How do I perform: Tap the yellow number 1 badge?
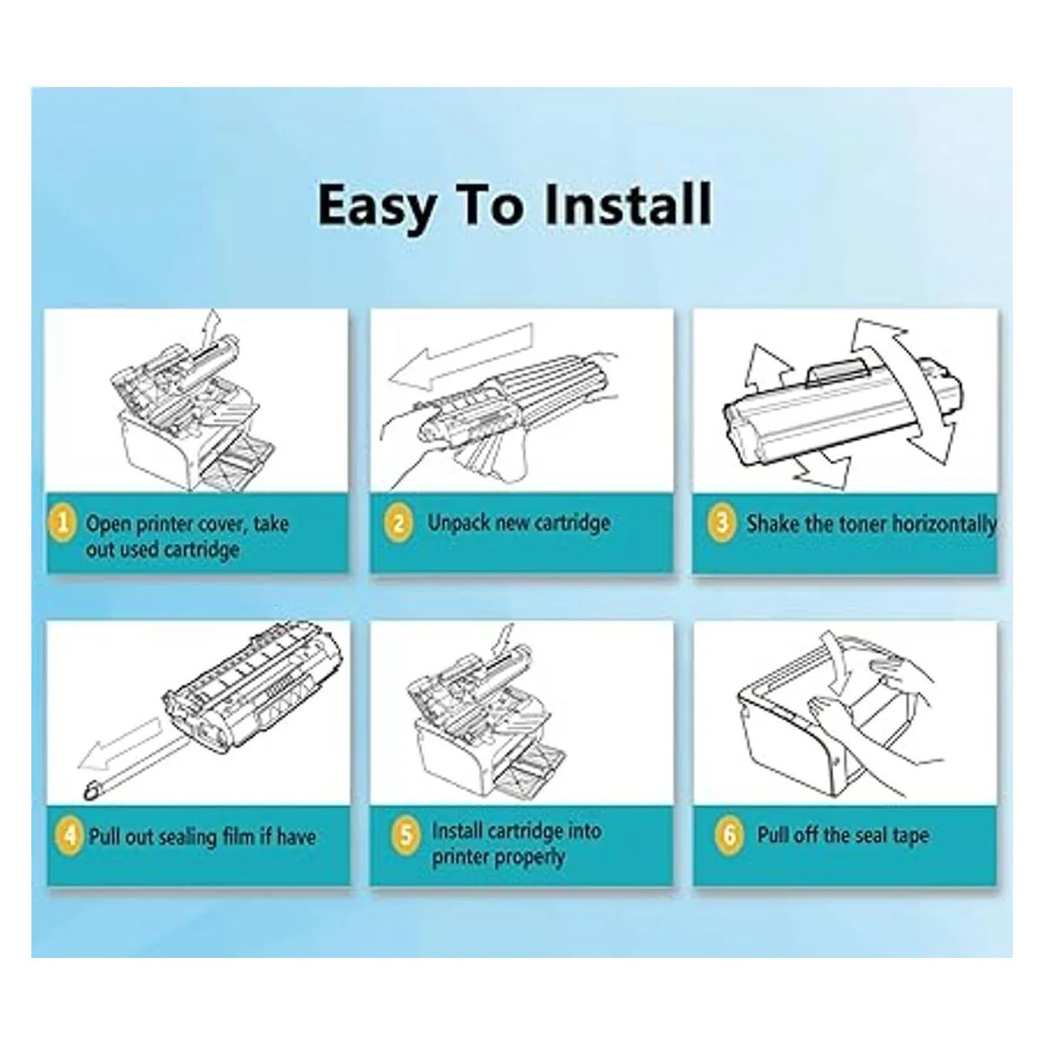pyautogui.click(x=63, y=524)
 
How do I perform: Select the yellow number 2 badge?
pyautogui.click(x=398, y=523)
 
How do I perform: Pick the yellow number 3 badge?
pyautogui.click(x=721, y=523)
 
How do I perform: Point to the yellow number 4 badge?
pyautogui.click(x=69, y=836)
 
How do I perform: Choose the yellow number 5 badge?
pyautogui.click(x=405, y=834)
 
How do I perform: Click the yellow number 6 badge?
pyautogui.click(x=728, y=835)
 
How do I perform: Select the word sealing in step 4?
pyautogui.click(x=182, y=837)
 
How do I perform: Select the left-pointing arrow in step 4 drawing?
pyautogui.click(x=120, y=742)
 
